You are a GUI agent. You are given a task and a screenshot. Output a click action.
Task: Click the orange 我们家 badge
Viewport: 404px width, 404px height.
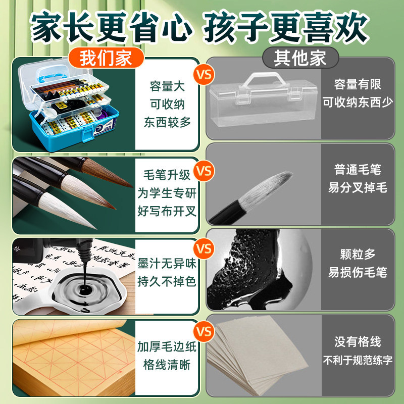coord(106,58)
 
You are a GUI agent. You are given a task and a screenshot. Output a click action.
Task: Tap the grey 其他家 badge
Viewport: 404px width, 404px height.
coord(300,58)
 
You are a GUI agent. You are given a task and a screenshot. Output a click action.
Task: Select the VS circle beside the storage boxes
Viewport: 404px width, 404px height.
coord(204,74)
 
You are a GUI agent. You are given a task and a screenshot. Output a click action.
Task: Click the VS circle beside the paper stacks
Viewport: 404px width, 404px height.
coord(204,331)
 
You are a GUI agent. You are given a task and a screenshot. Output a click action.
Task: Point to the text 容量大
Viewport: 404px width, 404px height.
coord(167,86)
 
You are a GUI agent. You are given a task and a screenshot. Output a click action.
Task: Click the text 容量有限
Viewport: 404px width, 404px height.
coord(358,84)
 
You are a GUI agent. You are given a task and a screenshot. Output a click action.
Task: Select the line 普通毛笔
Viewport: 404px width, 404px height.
coord(358,170)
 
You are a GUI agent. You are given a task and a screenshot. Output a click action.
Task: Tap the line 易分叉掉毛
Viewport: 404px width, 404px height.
coord(358,187)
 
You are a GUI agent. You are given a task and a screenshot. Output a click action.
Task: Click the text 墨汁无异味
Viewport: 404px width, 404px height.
coord(167,263)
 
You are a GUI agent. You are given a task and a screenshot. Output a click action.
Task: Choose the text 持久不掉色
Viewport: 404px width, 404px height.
coord(167,281)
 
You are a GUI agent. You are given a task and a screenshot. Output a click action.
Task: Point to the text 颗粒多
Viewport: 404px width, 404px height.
coord(358,254)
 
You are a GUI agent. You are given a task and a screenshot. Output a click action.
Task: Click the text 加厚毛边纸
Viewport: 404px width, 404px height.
coord(167,347)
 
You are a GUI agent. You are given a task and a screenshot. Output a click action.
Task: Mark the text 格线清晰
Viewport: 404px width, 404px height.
coord(167,365)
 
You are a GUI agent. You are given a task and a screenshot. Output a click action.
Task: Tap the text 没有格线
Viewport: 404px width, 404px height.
coord(358,342)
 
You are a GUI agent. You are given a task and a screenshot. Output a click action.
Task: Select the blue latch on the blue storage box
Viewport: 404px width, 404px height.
coord(87,133)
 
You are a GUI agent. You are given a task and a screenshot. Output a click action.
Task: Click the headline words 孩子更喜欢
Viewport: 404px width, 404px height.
coord(286,27)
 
